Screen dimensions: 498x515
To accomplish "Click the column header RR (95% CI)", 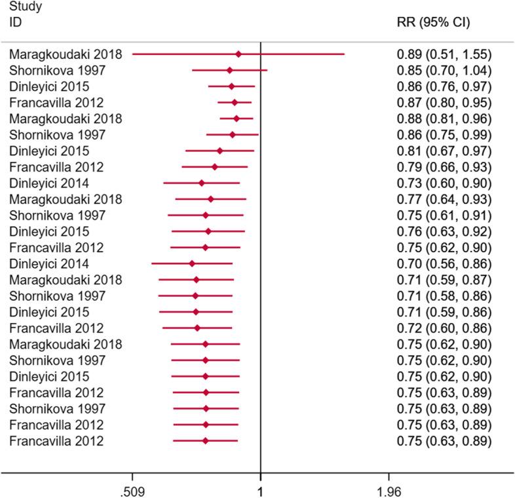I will tap(433, 22).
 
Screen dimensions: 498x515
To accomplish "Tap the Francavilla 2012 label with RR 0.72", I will tap(57, 328).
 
